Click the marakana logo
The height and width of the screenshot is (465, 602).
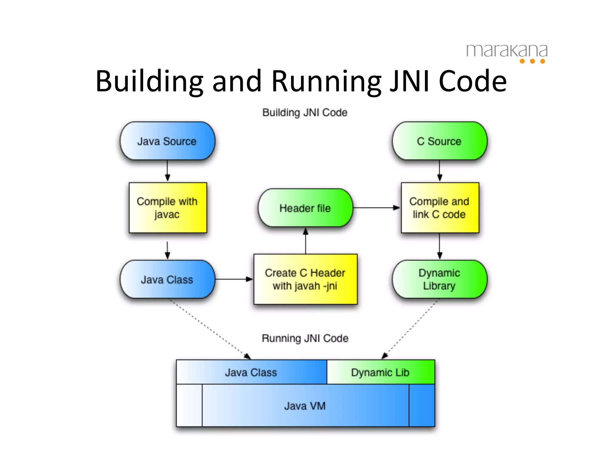pyautogui.click(x=506, y=52)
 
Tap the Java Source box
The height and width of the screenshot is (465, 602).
pyautogui.click(x=167, y=141)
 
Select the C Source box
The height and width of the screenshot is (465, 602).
pyautogui.click(x=439, y=141)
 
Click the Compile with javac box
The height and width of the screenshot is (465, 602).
pyautogui.click(x=168, y=208)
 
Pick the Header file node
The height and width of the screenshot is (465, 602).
pyautogui.click(x=305, y=208)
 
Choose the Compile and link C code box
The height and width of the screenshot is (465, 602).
pyautogui.click(x=440, y=208)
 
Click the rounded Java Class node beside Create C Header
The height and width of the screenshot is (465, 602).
pyautogui.click(x=167, y=280)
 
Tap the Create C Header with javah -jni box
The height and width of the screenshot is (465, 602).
pyautogui.click(x=305, y=279)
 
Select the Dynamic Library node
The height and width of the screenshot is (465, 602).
pyautogui.click(x=439, y=279)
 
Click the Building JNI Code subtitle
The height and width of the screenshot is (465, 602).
pyautogui.click(x=305, y=113)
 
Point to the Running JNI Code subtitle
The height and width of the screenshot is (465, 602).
pyautogui.click(x=305, y=338)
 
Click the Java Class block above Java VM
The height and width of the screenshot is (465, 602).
pyautogui.click(x=251, y=372)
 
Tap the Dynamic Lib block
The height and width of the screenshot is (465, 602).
pyautogui.click(x=380, y=372)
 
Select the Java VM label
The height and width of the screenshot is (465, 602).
pyautogui.click(x=305, y=406)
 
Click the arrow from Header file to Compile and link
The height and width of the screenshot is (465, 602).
pyautogui.click(x=376, y=208)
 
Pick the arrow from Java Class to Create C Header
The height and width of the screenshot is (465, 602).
pyautogui.click(x=234, y=279)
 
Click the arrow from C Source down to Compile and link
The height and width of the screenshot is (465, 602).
pyautogui.click(x=439, y=171)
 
